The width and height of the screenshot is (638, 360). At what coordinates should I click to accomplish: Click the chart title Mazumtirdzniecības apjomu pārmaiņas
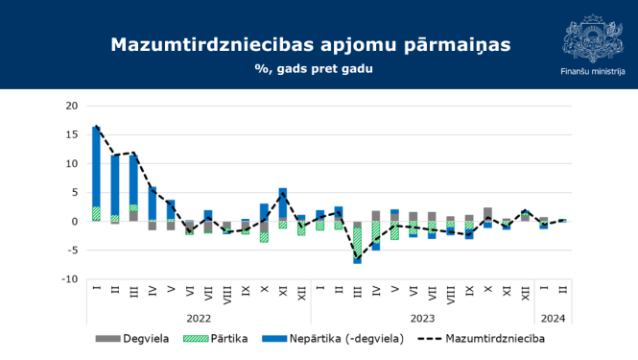tap(311, 44)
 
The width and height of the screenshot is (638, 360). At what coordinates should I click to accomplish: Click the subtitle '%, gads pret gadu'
tap(313, 69)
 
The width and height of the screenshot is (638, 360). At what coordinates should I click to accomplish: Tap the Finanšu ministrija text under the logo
tap(592, 71)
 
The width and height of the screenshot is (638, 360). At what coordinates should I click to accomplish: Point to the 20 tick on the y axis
tap(70, 106)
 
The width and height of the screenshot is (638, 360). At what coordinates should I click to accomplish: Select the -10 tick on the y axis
tap(68, 279)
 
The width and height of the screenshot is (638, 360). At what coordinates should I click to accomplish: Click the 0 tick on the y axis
tap(73, 222)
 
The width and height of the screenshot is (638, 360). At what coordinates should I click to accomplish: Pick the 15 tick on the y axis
tap(70, 134)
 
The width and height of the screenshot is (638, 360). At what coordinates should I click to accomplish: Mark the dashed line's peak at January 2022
tap(96, 127)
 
